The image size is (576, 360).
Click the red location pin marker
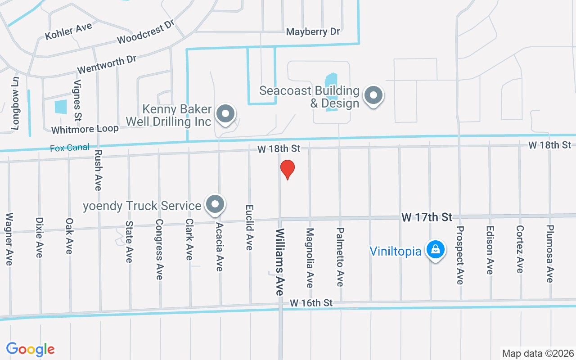click(287, 170)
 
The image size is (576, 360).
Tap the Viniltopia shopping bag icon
click(435, 249)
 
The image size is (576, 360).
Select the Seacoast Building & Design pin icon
click(373, 95)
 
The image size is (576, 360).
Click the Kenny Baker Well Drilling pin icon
click(225, 114)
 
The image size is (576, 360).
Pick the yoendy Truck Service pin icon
click(215, 205)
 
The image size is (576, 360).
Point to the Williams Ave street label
click(280, 261)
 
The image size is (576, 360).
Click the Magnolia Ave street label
click(310, 257)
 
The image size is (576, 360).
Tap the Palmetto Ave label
click(340, 256)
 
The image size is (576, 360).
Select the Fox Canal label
click(70, 148)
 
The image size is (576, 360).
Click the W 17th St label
click(427, 217)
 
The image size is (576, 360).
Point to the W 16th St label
click(311, 303)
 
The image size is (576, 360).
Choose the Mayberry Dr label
click(313, 32)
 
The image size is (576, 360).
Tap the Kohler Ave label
click(68, 31)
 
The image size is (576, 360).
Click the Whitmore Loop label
click(85, 129)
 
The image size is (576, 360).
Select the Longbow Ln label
click(16, 103)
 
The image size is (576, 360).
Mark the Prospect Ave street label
click(460, 255)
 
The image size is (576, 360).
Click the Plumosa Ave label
click(549, 254)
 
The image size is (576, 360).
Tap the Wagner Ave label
click(9, 238)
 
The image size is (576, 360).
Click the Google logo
click(30, 349)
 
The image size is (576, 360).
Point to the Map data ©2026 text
click(538, 353)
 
